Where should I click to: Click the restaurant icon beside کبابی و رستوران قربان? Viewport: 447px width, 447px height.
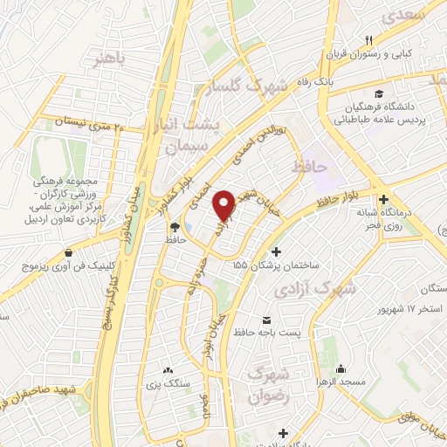coord(368,41)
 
